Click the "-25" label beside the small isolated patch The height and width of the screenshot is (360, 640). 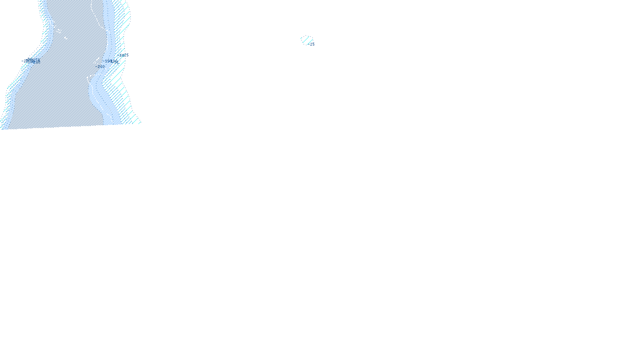312,44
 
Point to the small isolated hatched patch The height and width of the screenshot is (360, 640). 306,40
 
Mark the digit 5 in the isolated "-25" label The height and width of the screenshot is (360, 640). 313,44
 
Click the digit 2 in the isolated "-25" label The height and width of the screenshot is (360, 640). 311,44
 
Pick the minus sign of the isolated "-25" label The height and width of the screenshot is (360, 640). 309,44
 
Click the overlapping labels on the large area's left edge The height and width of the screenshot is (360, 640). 31,61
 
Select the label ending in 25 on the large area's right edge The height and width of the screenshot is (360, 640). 124,55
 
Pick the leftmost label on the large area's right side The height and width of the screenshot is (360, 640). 100,66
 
